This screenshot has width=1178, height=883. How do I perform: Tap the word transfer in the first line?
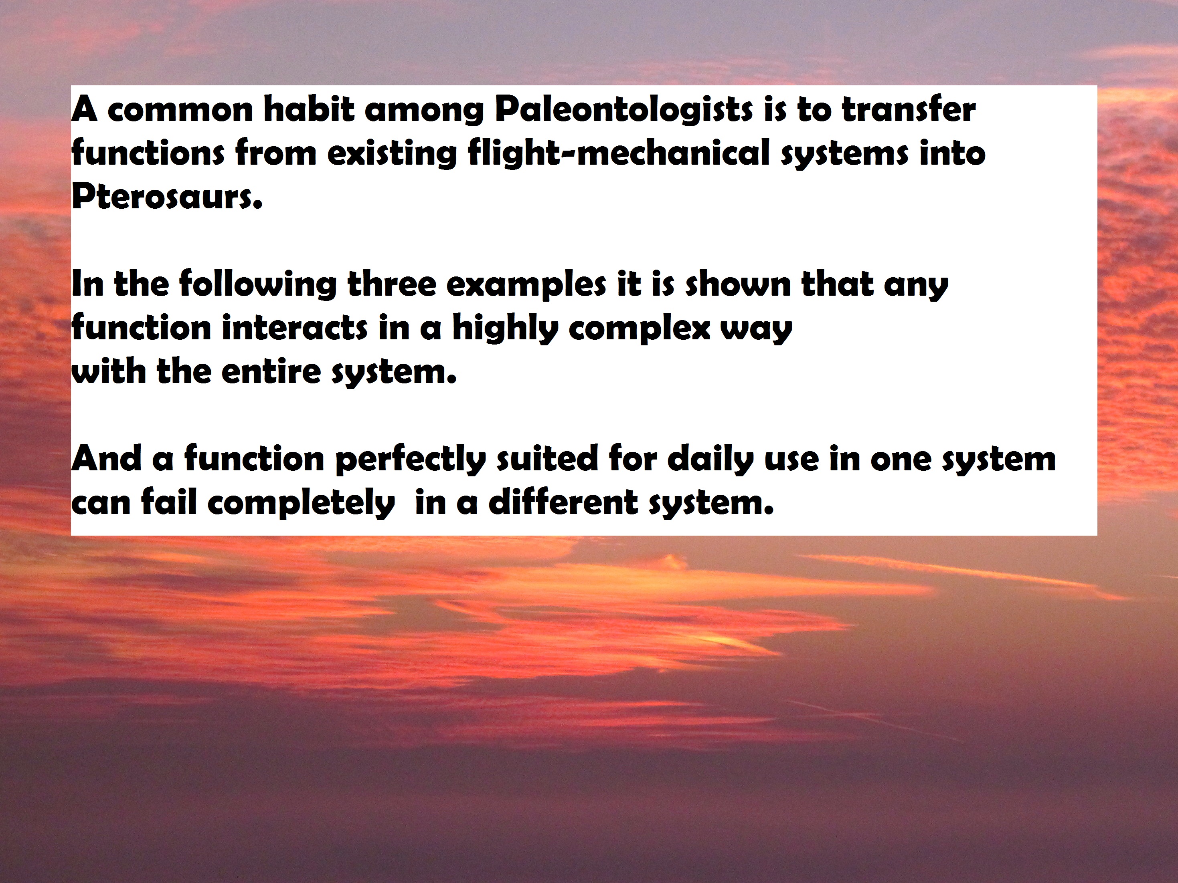tap(909, 110)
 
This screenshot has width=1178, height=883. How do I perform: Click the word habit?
tap(308, 110)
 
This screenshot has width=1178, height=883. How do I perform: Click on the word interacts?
tap(294, 329)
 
